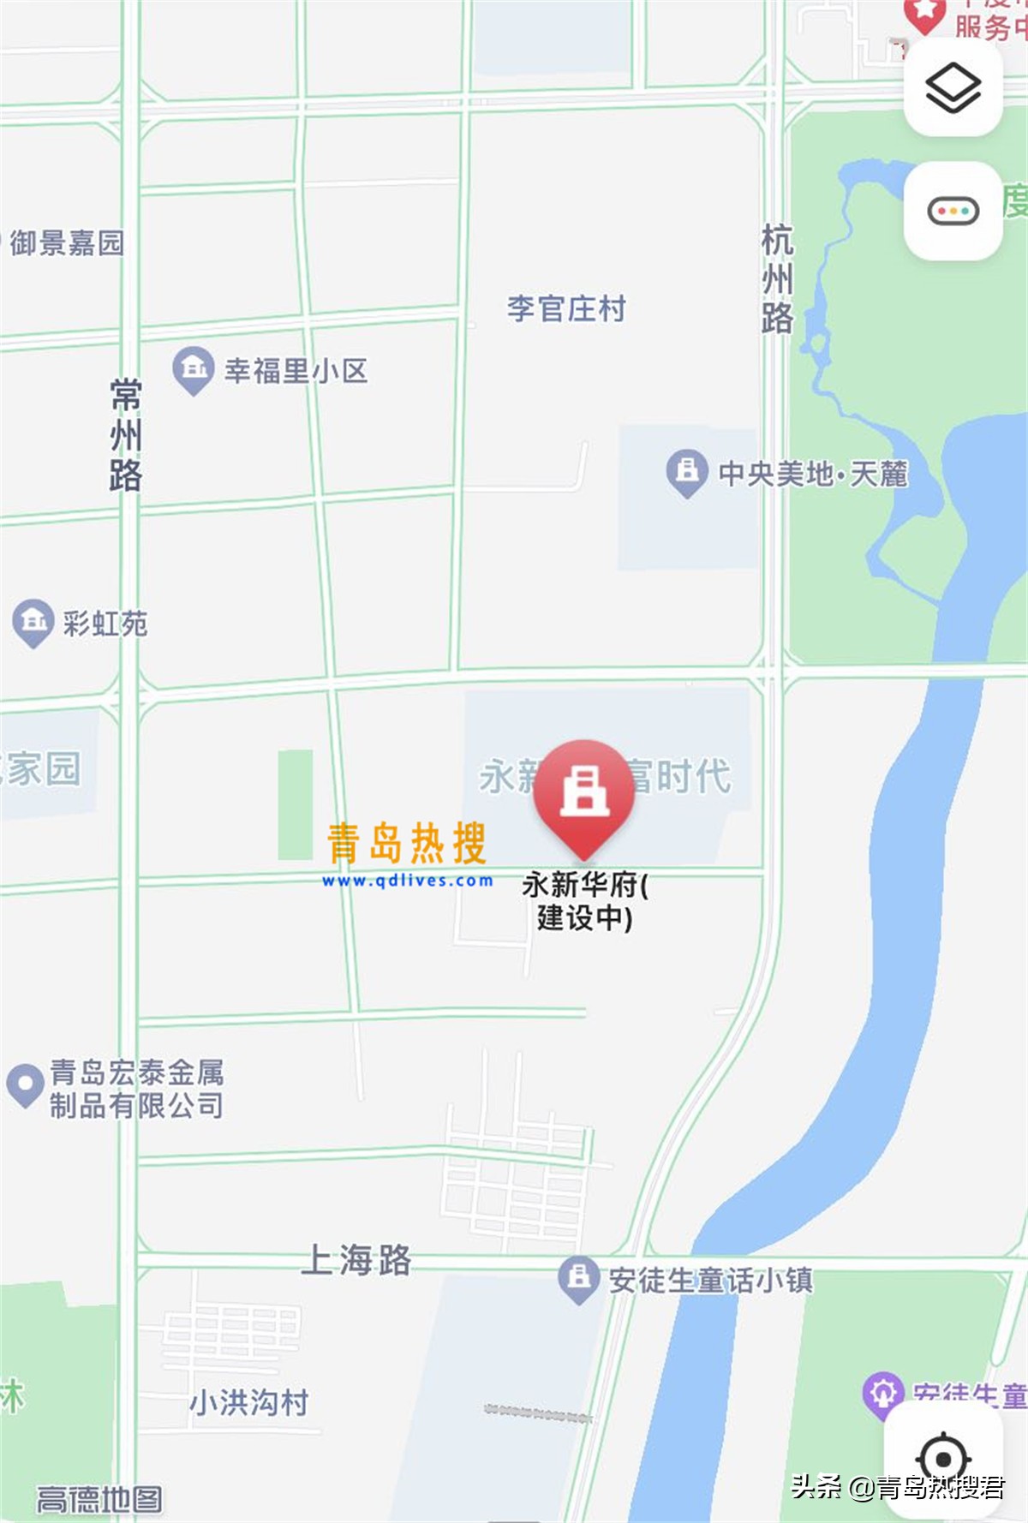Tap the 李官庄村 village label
click(566, 308)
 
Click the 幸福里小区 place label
click(296, 371)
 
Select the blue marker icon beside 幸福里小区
click(194, 369)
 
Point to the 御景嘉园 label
click(67, 243)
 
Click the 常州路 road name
click(126, 435)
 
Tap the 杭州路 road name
click(777, 279)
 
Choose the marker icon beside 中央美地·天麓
click(687, 471)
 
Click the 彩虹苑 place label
click(105, 624)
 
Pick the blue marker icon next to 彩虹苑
click(33, 621)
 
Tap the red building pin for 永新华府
click(584, 792)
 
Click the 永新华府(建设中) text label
click(585, 901)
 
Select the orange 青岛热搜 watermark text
click(407, 843)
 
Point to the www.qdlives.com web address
click(408, 881)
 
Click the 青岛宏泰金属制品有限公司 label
click(137, 1089)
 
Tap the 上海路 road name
click(356, 1260)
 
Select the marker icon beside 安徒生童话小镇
click(579, 1279)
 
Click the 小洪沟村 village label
click(248, 1403)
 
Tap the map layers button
click(953, 87)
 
